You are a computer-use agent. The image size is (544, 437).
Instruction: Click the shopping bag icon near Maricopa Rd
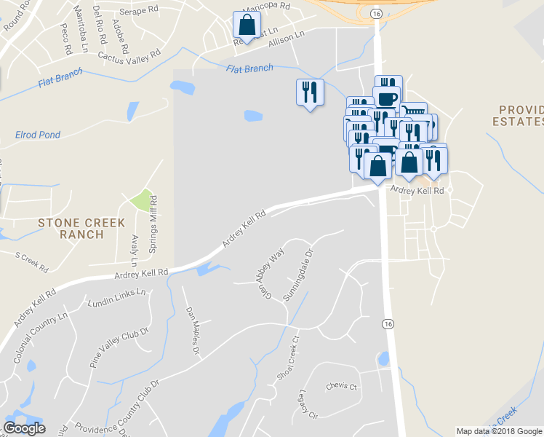tap(247, 25)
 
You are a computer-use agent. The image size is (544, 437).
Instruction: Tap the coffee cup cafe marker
tap(386, 98)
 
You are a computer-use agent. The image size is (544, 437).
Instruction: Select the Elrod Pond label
tap(38, 135)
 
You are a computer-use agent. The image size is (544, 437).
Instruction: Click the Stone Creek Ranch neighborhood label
tap(82, 229)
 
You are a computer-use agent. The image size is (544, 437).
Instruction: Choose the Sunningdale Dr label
tap(297, 276)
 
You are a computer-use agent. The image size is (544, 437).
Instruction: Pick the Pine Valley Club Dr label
tap(118, 350)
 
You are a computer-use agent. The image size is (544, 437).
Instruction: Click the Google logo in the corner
tap(24, 428)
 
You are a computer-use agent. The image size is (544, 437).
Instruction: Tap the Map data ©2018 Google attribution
tap(499, 431)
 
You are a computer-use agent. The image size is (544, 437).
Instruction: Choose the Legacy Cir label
tap(308, 405)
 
